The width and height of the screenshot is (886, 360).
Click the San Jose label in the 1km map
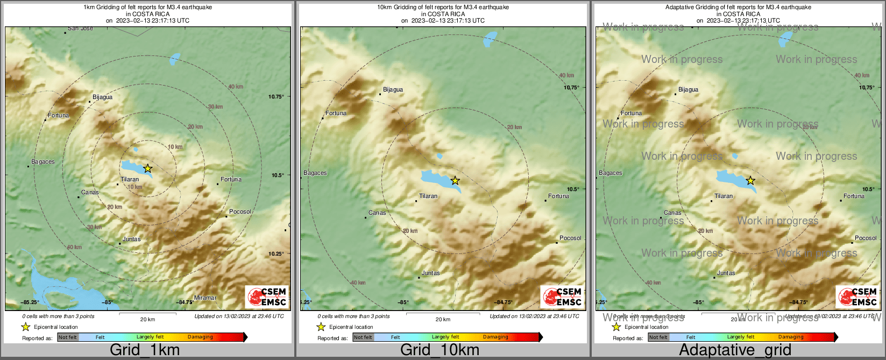(x=80, y=28)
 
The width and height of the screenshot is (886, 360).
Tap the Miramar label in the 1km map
(x=205, y=298)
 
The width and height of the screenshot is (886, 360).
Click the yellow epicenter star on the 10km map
(x=455, y=180)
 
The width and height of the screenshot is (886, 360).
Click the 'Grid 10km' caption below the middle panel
(x=440, y=350)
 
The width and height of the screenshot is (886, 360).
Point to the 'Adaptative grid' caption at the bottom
(x=735, y=350)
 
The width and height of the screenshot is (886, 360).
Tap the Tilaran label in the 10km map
(x=428, y=196)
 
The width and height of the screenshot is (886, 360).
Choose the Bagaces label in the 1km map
(x=43, y=161)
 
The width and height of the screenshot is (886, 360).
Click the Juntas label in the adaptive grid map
(x=726, y=273)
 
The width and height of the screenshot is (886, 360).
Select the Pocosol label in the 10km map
(x=570, y=238)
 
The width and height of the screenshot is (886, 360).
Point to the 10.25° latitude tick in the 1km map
(x=276, y=253)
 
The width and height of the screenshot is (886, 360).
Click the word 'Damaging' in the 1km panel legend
(x=200, y=337)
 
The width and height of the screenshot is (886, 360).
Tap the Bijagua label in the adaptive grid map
(x=688, y=90)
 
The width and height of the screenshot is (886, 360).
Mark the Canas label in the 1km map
(x=90, y=192)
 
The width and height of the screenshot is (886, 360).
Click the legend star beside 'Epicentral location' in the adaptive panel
(x=616, y=327)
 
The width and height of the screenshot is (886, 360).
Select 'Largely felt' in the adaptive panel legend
(x=741, y=337)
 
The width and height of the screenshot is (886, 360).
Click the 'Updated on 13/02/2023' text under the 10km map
(x=534, y=316)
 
